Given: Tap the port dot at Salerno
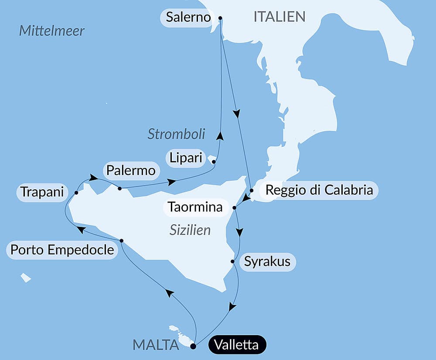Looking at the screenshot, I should pyautogui.click(x=220, y=18).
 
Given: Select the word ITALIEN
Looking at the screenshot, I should pyautogui.click(x=279, y=17).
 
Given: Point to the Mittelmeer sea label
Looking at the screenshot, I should pyautogui.click(x=52, y=31).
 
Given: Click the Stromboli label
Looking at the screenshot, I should pyautogui.click(x=176, y=134).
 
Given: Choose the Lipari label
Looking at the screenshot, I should pyautogui.click(x=186, y=158).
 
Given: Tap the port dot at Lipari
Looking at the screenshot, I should pyautogui.click(x=214, y=162).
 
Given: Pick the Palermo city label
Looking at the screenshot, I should pyautogui.click(x=131, y=171).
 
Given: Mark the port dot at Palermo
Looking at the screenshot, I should pyautogui.click(x=119, y=189).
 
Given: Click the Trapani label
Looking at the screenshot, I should pyautogui.click(x=42, y=192).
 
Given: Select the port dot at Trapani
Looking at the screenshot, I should pyautogui.click(x=76, y=192).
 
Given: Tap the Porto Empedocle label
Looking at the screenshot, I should pyautogui.click(x=62, y=250).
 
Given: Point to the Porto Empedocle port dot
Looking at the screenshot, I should pyautogui.click(x=121, y=241).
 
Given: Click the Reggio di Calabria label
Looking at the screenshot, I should pyautogui.click(x=319, y=190).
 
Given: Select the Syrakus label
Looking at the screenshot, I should pyautogui.click(x=267, y=262).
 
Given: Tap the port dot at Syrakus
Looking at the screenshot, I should pyautogui.click(x=233, y=262).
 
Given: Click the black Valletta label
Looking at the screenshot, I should pyautogui.click(x=237, y=345).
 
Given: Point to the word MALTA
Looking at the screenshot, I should pyautogui.click(x=156, y=345).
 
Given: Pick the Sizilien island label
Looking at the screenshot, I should pyautogui.click(x=190, y=230).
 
